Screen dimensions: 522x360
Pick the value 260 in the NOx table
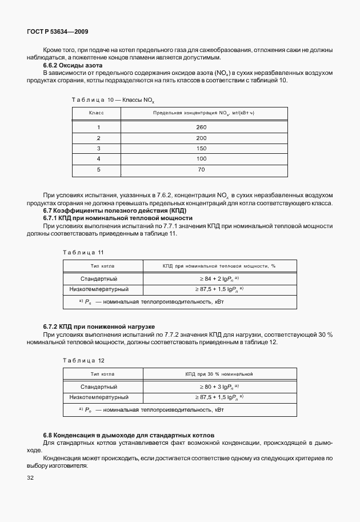point(201,127)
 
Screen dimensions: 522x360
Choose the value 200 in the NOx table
point(201,138)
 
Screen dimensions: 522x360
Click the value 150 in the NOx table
point(201,148)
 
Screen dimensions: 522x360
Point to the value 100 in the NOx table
point(201,158)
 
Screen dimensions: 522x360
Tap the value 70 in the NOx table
point(201,169)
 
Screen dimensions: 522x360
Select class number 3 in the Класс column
point(98,148)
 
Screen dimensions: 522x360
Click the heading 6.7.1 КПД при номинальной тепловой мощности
point(118,218)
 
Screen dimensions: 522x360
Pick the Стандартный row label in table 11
point(98,278)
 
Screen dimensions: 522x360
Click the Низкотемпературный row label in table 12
point(98,397)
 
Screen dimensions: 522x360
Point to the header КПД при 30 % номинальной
point(218,374)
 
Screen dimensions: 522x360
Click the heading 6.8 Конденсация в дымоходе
point(129,436)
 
